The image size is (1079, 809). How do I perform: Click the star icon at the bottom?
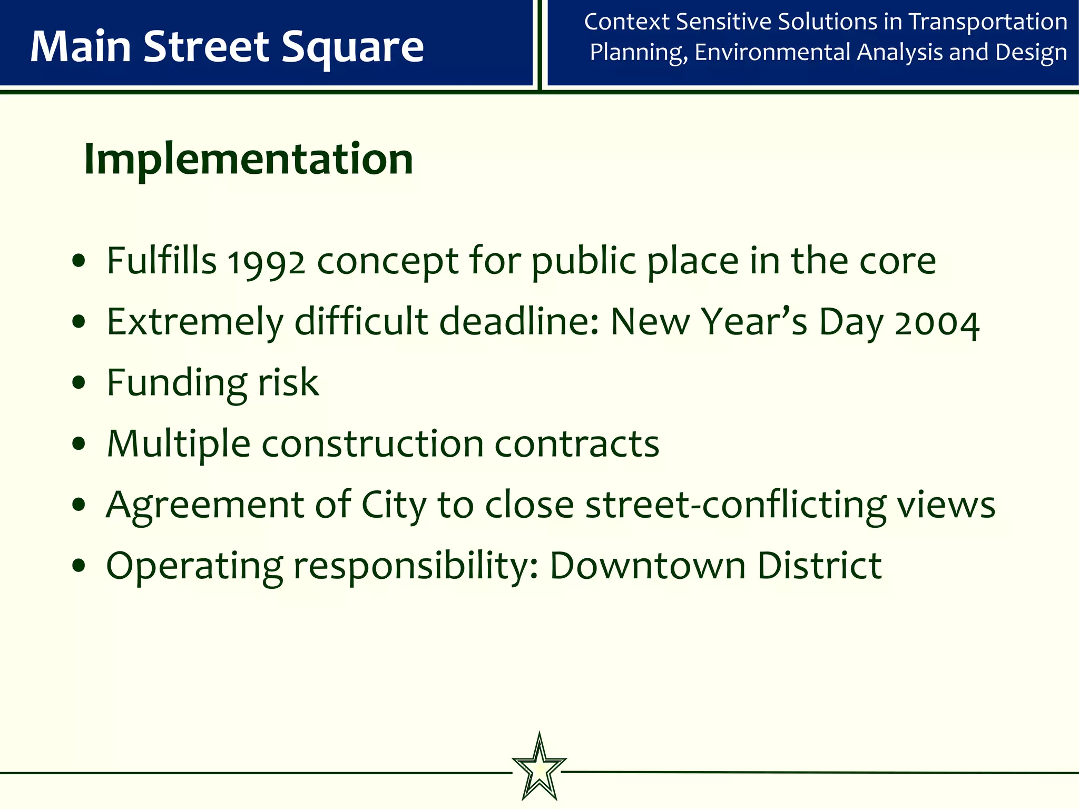click(539, 767)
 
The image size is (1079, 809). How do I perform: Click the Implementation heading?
click(248, 159)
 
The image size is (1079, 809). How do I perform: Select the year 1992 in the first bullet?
click(266, 262)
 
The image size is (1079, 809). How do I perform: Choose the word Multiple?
click(178, 444)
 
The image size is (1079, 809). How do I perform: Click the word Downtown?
click(648, 566)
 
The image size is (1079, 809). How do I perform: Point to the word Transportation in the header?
click(988, 22)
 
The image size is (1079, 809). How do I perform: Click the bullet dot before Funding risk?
click(79, 383)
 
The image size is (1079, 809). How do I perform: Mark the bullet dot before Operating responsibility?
click(79, 566)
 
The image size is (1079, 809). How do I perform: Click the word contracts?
click(577, 443)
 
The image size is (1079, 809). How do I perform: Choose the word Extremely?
click(195, 322)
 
